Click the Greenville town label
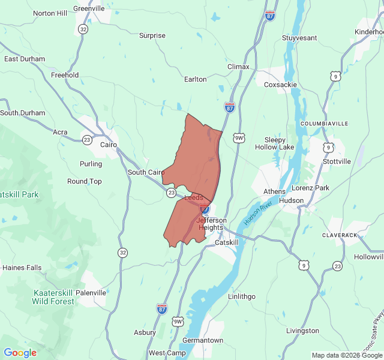pos(89,8)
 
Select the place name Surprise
pos(152,35)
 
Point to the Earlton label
pos(195,79)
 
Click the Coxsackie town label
pos(281,85)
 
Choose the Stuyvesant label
pos(299,38)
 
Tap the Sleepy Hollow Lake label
pos(275,143)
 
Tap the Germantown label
pos(203,340)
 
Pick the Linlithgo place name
pos(242,296)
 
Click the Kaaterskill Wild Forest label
pos(53,297)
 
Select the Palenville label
pos(91,293)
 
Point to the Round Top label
pos(84,181)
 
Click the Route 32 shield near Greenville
pos(83,29)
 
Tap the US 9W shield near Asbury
pos(178,322)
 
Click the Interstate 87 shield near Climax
pos(229,107)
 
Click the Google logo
pos(20,353)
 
